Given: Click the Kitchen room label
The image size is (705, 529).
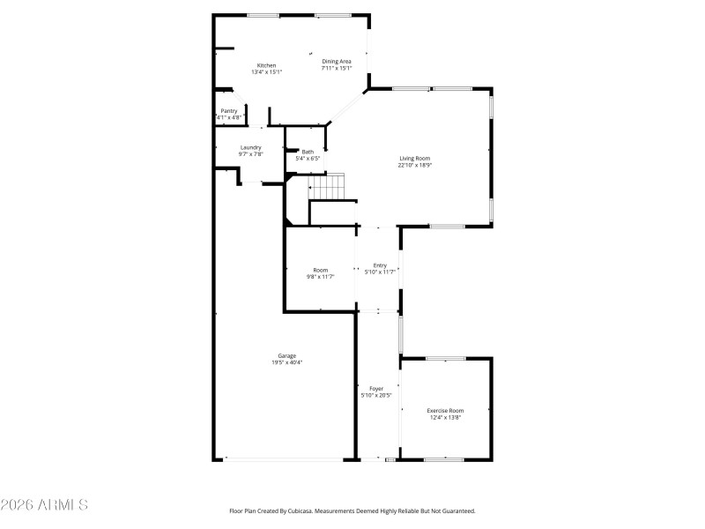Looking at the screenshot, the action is [x=266, y=65].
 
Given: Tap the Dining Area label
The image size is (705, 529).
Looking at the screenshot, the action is [x=337, y=61].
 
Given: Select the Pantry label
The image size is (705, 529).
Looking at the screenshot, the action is [x=229, y=111].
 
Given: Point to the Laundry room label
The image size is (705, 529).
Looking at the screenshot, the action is [x=250, y=147].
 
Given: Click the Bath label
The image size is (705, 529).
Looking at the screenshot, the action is [x=308, y=152].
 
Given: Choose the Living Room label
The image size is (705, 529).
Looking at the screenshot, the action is [x=414, y=159].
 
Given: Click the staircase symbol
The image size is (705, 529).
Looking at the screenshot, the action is [x=326, y=186].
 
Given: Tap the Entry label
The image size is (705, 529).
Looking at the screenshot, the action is [x=380, y=265].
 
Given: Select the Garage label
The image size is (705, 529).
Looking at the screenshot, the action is [x=287, y=356].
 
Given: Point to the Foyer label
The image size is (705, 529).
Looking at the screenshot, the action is [x=376, y=389].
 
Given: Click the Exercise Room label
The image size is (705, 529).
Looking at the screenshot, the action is [x=445, y=411].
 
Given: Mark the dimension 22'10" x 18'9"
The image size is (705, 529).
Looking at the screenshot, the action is [x=414, y=165].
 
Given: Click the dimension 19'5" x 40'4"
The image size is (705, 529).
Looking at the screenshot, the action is [x=287, y=362].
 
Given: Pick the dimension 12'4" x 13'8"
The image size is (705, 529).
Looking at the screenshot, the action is [x=445, y=417].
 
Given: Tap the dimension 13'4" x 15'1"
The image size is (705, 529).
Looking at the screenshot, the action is [x=266, y=71].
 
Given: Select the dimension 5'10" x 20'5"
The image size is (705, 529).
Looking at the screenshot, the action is [x=376, y=395].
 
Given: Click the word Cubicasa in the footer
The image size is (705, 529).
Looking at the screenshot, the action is [x=300, y=511].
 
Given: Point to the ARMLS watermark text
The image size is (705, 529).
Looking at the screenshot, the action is [x=44, y=504].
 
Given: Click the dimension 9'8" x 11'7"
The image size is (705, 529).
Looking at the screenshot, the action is [x=320, y=277].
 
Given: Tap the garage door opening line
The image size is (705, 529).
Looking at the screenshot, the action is [x=283, y=459].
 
